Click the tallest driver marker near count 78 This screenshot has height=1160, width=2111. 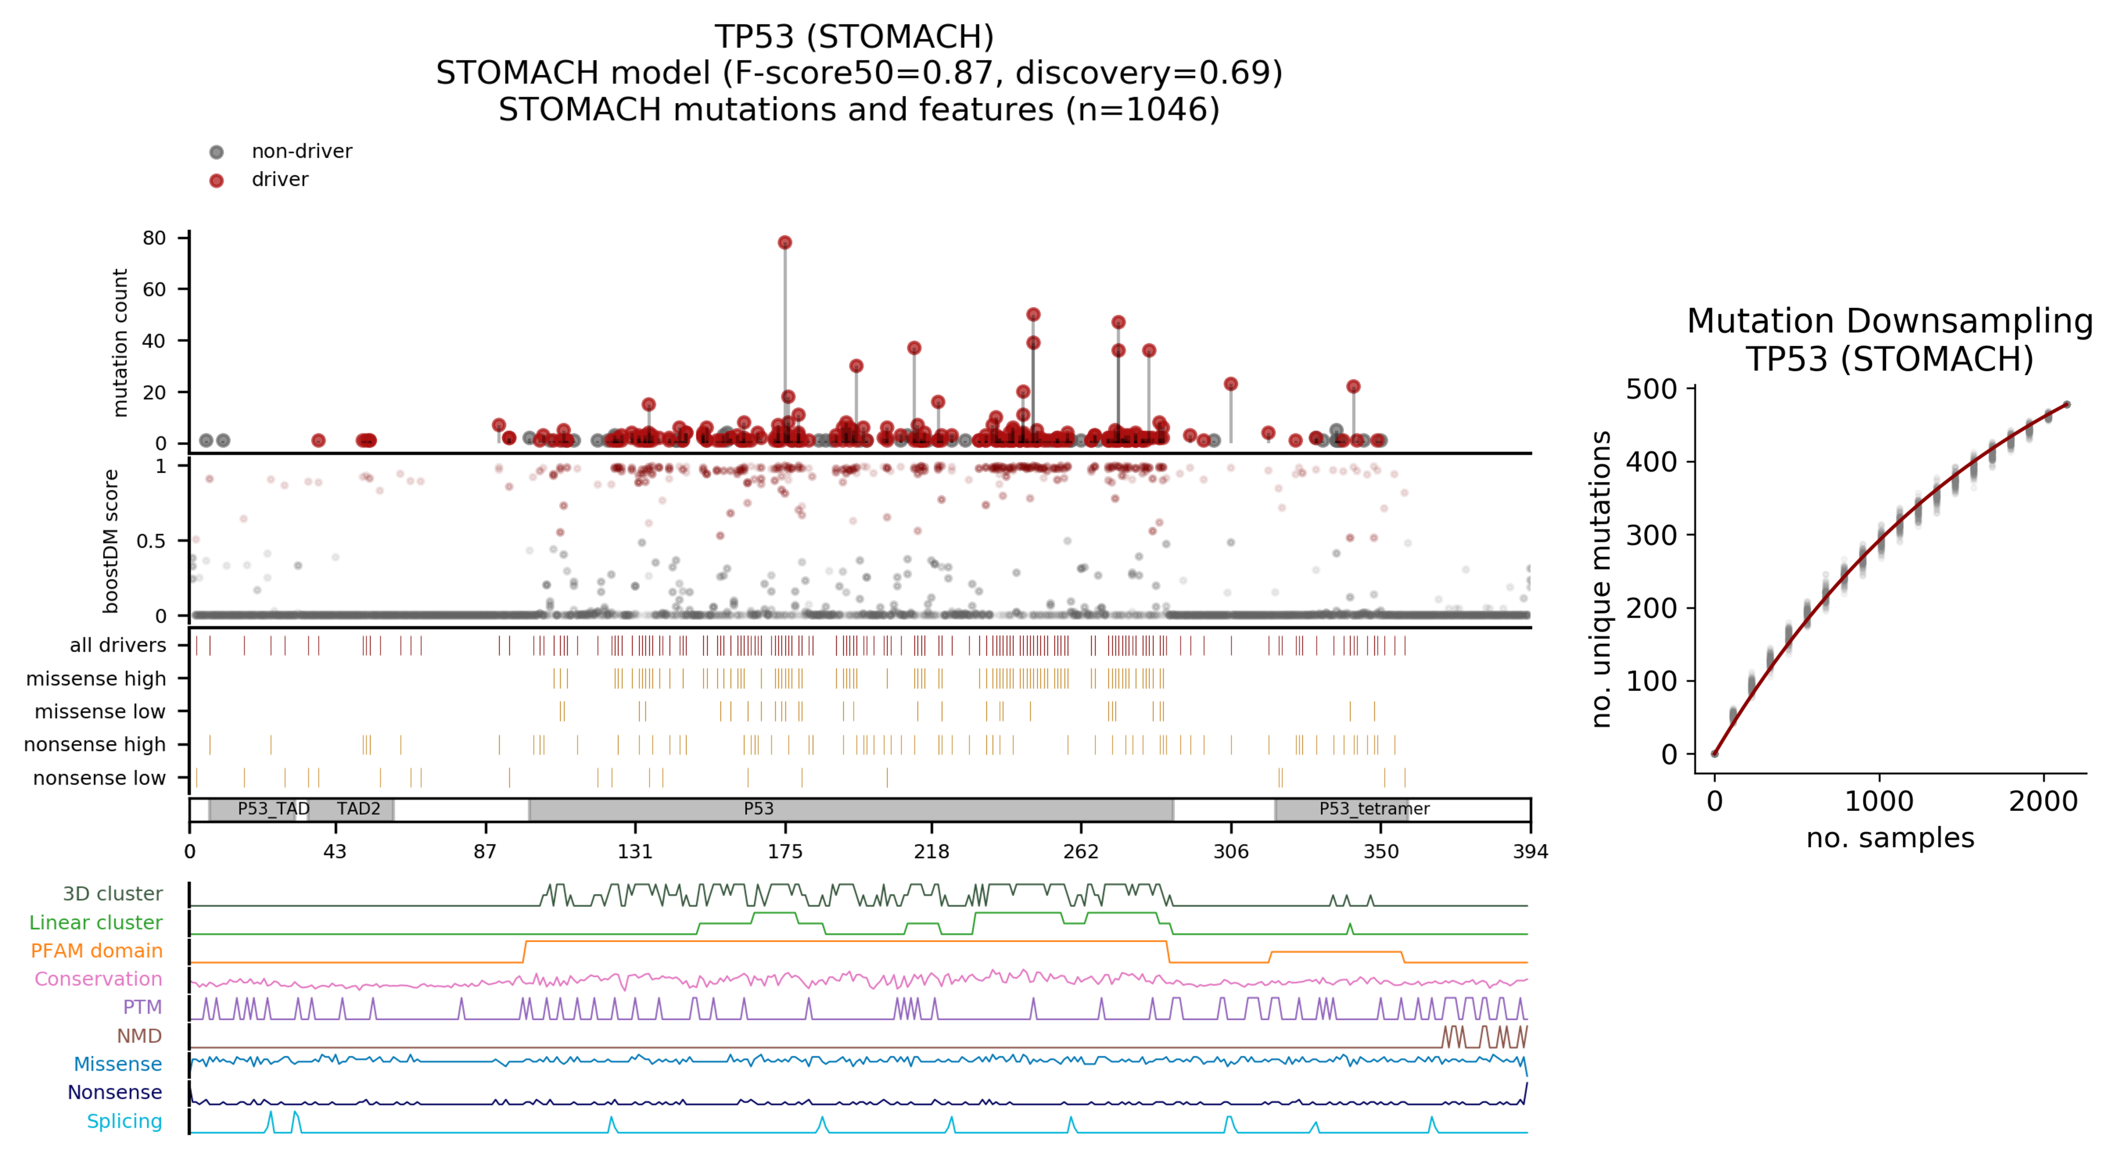click(x=784, y=242)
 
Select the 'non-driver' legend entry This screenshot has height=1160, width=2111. click(x=301, y=151)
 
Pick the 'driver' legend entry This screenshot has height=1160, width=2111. click(x=279, y=180)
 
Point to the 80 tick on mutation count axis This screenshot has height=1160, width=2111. click(x=154, y=238)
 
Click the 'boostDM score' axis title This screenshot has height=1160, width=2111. click(x=111, y=541)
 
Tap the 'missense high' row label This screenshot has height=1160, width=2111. click(x=96, y=678)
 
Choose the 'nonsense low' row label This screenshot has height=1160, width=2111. click(x=99, y=777)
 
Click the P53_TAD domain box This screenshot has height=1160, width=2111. click(x=253, y=809)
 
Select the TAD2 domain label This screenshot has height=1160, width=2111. click(x=358, y=809)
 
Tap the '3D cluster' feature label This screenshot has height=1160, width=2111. click(x=113, y=894)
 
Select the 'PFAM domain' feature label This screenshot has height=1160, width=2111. click(x=97, y=950)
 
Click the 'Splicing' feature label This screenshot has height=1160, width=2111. click(x=125, y=1121)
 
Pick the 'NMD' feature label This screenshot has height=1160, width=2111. click(x=139, y=1035)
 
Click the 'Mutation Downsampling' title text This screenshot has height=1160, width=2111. click(x=1889, y=321)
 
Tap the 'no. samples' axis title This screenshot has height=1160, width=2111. click(x=1890, y=838)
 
